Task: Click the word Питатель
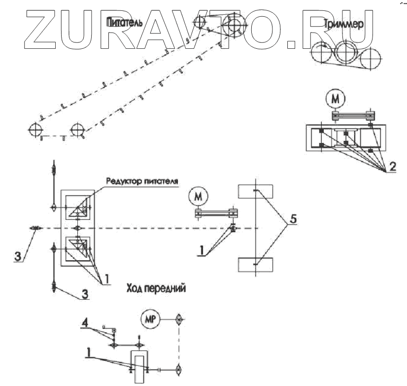(124, 22)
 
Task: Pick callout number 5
(293, 219)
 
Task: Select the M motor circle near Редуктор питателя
(197, 197)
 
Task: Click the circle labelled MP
(150, 319)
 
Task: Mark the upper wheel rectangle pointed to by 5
(255, 191)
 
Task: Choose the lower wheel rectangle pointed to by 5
(255, 264)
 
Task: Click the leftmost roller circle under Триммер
(323, 52)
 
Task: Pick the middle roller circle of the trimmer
(347, 51)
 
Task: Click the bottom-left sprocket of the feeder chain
(35, 130)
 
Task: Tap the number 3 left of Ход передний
(85, 294)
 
